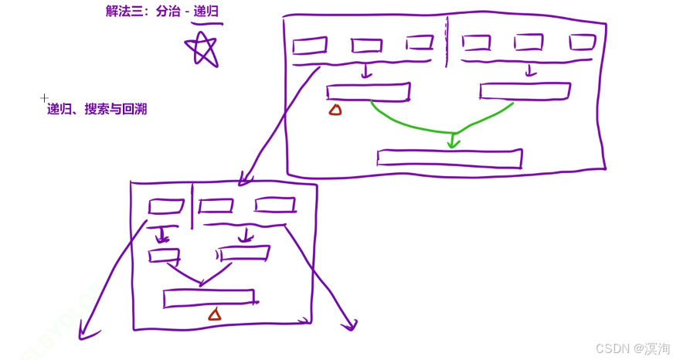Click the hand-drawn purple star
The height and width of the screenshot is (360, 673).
point(203,49)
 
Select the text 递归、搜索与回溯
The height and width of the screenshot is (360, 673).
point(97,109)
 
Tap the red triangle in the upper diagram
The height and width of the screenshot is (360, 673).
point(335,110)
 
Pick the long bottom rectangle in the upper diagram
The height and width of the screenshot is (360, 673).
point(449,158)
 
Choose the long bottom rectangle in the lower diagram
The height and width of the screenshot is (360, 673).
point(209,297)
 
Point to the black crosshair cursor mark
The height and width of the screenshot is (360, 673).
point(44,98)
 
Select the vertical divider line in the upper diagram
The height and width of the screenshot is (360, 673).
point(447,39)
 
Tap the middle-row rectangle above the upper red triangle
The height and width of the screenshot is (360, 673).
point(368,92)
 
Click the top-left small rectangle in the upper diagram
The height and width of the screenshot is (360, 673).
point(310,46)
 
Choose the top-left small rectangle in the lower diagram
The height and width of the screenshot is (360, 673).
point(165,206)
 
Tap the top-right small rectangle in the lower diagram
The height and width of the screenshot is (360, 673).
point(275,205)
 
